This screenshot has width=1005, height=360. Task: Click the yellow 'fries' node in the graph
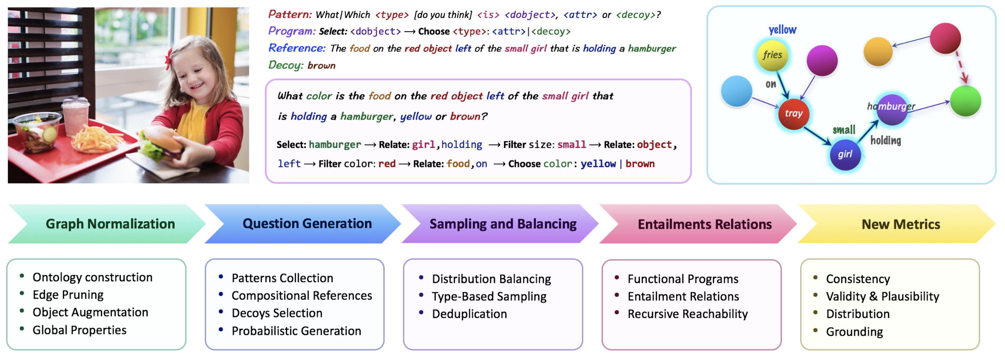point(772,55)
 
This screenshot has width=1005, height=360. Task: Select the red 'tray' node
point(793,113)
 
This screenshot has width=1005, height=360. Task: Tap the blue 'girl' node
point(845,154)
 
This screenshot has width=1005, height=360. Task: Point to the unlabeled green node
point(965,101)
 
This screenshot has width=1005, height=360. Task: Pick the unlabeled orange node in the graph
point(878,51)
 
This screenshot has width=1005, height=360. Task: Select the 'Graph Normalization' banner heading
point(110,224)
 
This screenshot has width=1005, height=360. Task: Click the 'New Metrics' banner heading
point(901,224)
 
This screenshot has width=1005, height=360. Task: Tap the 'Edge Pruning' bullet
point(68,295)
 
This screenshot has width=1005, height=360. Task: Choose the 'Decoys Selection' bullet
point(277,313)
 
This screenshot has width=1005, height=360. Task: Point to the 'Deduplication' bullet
point(469,314)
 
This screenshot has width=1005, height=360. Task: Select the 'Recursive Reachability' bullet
point(687,314)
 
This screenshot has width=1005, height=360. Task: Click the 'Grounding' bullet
point(854,332)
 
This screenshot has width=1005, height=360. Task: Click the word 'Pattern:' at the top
point(290,15)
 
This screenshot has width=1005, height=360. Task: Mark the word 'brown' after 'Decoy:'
point(321,65)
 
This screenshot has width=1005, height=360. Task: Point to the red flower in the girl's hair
point(169,59)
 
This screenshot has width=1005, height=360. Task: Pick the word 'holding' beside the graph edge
point(885,140)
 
